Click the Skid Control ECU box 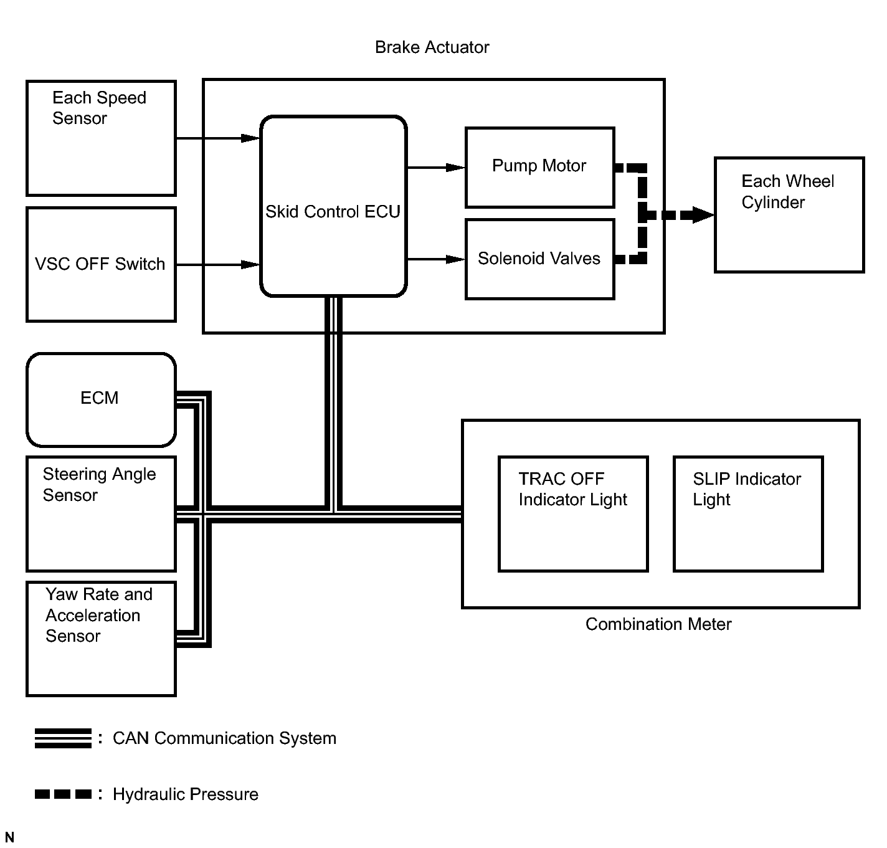click(333, 206)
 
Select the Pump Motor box click(539, 167)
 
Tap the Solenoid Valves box click(539, 259)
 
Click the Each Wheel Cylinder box click(789, 214)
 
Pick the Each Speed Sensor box click(101, 138)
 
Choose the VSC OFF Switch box click(101, 264)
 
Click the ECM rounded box click(101, 399)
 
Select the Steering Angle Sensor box click(101, 513)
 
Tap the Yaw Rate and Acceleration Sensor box click(101, 638)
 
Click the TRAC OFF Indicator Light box click(573, 513)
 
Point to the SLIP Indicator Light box click(747, 513)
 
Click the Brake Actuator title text click(432, 47)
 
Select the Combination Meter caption click(658, 624)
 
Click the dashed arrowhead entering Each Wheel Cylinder click(703, 216)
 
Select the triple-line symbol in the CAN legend click(63, 738)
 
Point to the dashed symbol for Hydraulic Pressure click(63, 794)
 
